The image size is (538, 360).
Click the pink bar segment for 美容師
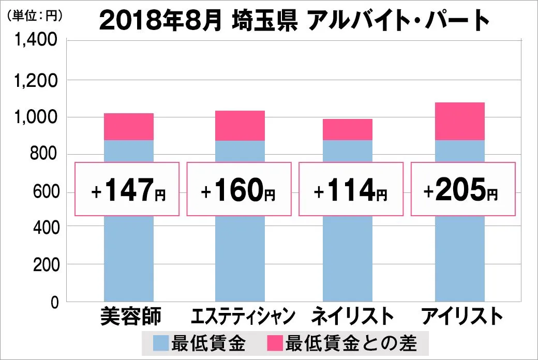click(x=129, y=127)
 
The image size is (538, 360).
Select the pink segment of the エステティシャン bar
click(x=240, y=126)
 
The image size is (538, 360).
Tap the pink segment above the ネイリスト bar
click(x=348, y=130)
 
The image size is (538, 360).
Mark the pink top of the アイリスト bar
click(x=459, y=122)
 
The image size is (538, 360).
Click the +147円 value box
click(x=127, y=189)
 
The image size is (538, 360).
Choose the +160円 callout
click(x=239, y=189)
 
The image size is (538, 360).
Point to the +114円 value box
click(x=351, y=189)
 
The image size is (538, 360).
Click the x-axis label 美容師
click(x=131, y=317)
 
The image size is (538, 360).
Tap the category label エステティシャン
click(x=243, y=317)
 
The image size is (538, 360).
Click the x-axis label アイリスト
click(x=461, y=317)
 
